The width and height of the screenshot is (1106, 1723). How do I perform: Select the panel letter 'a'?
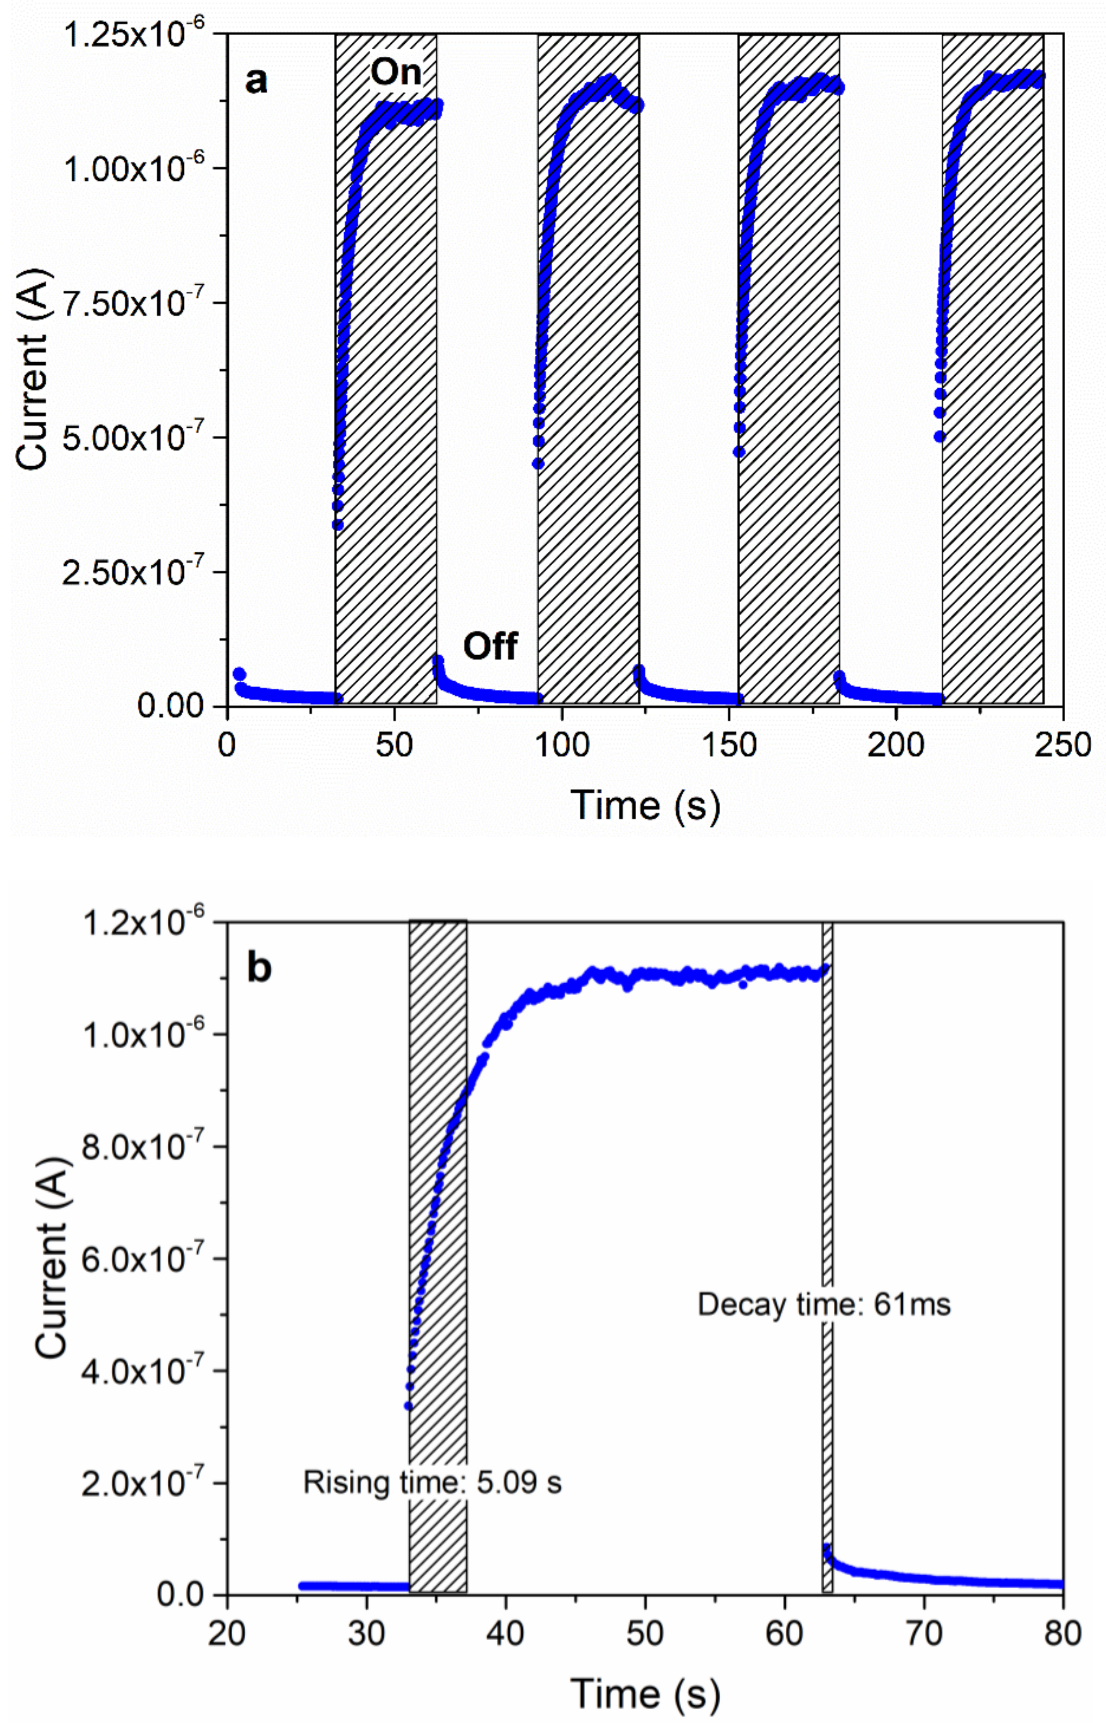coord(257,81)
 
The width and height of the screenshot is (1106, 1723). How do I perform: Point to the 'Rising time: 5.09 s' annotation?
coord(432,1482)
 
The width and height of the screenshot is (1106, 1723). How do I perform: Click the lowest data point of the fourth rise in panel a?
coord(940,436)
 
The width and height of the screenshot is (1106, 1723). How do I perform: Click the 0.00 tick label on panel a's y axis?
coord(171,706)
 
